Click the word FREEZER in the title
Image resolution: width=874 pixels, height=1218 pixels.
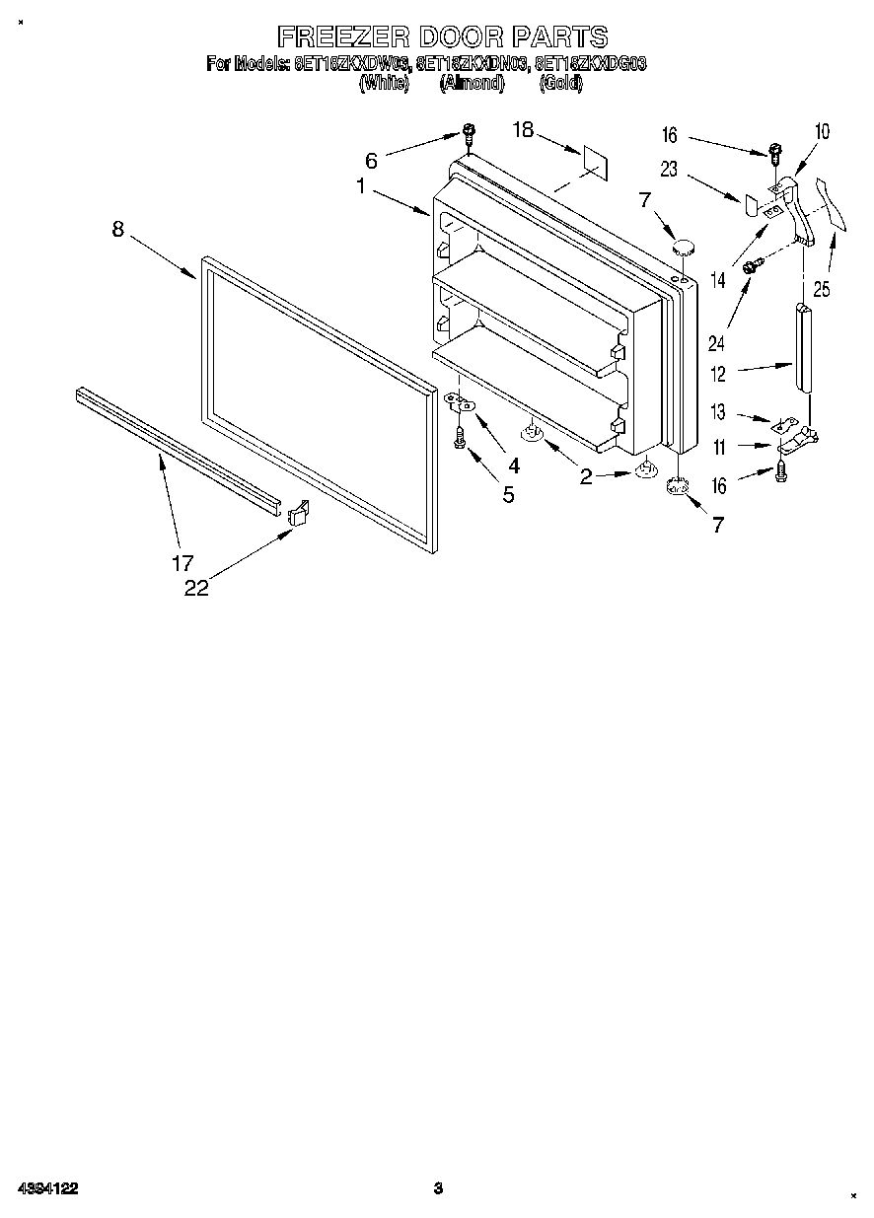point(342,37)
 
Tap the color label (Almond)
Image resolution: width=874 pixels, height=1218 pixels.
point(472,84)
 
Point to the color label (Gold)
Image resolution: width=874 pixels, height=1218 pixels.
point(561,84)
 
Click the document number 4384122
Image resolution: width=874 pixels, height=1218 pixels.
point(47,1189)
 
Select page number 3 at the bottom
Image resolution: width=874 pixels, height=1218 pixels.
point(437,1189)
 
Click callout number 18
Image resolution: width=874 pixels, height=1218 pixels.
point(523,130)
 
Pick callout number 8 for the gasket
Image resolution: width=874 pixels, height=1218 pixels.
point(118,229)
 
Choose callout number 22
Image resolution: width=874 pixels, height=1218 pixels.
point(196,588)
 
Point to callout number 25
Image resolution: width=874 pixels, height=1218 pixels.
point(823,289)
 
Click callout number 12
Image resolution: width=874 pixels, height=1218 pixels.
point(718,375)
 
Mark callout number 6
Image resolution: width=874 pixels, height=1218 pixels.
point(371,160)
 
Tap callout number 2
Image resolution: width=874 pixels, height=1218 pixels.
point(586,477)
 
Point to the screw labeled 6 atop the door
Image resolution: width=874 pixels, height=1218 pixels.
point(470,135)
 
